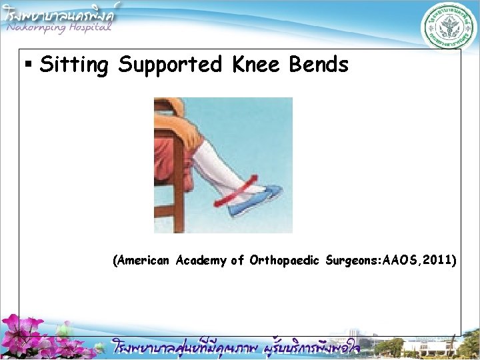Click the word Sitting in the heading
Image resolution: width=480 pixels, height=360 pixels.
[73, 65]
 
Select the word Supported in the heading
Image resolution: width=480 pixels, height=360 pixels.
[169, 65]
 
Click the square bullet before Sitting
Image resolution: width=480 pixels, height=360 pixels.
[29, 65]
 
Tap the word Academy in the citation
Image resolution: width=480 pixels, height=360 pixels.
[201, 261]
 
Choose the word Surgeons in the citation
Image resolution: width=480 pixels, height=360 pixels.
[351, 261]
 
